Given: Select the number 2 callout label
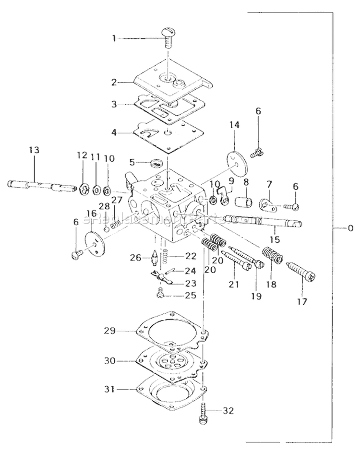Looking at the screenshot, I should coord(114,82).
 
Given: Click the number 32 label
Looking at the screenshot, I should coord(229,411).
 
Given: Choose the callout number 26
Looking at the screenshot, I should coord(136,258).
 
